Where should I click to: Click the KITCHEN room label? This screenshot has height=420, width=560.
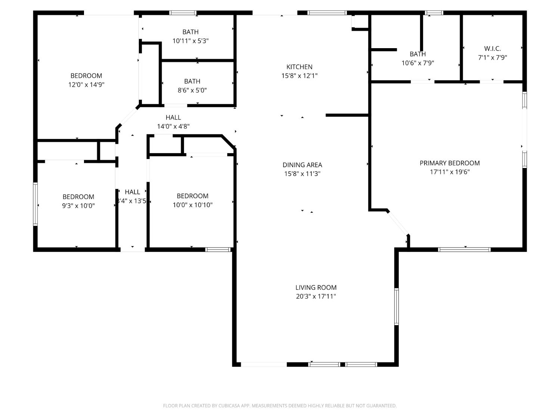point(299,67)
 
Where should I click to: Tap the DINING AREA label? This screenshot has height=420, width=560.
point(302,165)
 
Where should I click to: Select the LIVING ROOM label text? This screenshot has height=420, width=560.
point(316,287)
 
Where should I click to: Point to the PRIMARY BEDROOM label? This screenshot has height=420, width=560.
point(449,163)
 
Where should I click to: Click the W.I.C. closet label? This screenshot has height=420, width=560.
point(492,49)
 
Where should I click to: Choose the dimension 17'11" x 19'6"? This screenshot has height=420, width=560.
point(449,172)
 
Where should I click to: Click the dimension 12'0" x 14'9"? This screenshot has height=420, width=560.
point(86,85)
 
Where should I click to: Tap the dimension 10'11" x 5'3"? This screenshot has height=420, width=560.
point(190,41)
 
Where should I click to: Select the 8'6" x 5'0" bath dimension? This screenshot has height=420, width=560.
point(192,90)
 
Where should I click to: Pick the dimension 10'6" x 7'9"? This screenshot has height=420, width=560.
point(417,63)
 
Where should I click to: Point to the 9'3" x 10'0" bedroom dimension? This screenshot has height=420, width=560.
point(78,206)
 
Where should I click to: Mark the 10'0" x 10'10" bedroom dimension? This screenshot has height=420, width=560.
point(192,205)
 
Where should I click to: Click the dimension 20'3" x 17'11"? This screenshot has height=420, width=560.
point(316,296)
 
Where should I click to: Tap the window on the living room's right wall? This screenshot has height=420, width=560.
point(396,307)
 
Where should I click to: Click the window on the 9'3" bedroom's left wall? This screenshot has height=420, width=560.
point(35,204)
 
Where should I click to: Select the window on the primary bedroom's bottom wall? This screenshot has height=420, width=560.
point(464,249)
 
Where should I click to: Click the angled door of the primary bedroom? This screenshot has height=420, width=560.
point(398,223)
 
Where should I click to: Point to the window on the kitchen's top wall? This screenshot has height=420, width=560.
point(327,13)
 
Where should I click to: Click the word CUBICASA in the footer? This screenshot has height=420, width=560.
point(229,406)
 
